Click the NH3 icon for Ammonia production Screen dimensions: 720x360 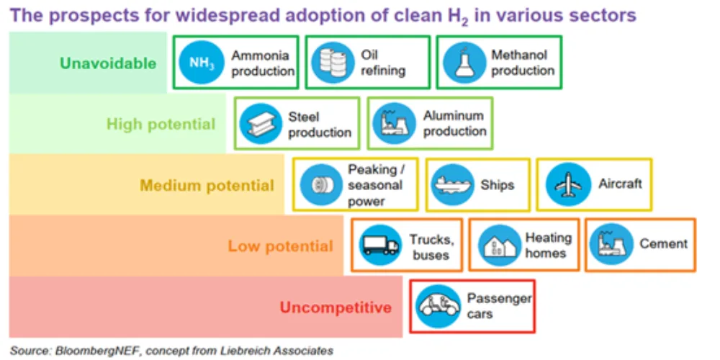click(x=201, y=63)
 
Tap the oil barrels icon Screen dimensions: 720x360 click(x=333, y=63)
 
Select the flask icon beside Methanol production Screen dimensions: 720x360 click(x=464, y=63)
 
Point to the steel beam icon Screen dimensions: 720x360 click(x=261, y=124)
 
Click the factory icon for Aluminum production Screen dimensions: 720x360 click(x=395, y=124)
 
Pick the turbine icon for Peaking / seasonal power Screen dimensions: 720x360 click(x=321, y=184)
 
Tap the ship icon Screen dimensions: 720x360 click(x=453, y=184)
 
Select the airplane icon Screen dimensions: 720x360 click(x=568, y=184)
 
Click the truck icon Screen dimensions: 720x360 click(x=379, y=246)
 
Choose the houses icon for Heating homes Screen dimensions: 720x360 click(x=499, y=246)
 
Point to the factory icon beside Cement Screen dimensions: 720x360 click(x=611, y=246)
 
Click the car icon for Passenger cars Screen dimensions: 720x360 click(x=438, y=306)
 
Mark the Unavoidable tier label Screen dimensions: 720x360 click(x=109, y=63)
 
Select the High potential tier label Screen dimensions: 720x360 click(x=161, y=124)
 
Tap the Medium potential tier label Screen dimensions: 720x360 click(x=207, y=186)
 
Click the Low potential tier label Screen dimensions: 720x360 click(x=281, y=246)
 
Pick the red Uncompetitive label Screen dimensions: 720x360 click(x=336, y=307)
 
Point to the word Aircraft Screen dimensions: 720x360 click(x=620, y=184)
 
